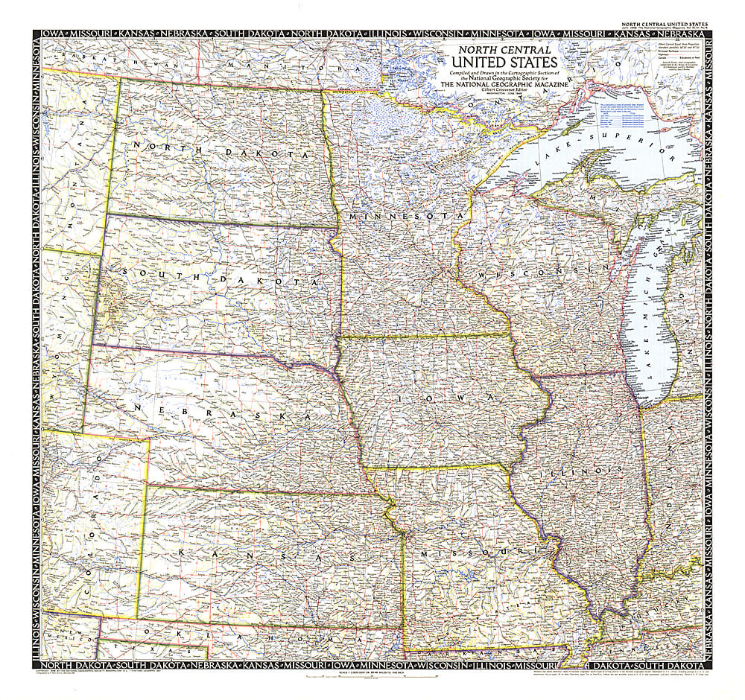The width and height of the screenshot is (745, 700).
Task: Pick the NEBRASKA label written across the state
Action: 220,412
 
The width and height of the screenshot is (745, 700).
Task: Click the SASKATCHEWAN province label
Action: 97,57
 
